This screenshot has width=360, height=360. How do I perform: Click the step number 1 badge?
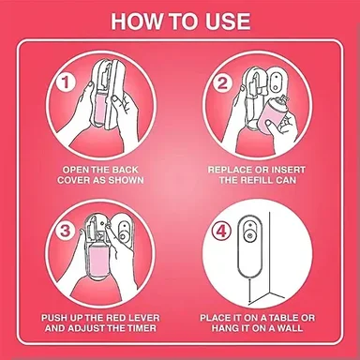(66, 83)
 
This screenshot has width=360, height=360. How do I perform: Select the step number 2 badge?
(223, 83)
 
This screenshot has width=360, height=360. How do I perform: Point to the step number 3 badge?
(66, 232)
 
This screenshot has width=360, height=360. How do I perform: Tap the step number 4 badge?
(221, 232)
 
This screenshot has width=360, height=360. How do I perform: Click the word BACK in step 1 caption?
(125, 170)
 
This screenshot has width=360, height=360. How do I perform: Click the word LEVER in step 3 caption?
(143, 318)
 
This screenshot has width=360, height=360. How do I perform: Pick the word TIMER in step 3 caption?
(141, 328)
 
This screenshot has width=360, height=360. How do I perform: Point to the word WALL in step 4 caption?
(289, 328)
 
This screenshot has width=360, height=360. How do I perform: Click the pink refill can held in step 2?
(272, 116)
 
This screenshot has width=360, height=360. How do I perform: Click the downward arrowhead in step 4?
(249, 302)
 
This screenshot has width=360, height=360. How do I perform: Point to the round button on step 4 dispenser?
(249, 235)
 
